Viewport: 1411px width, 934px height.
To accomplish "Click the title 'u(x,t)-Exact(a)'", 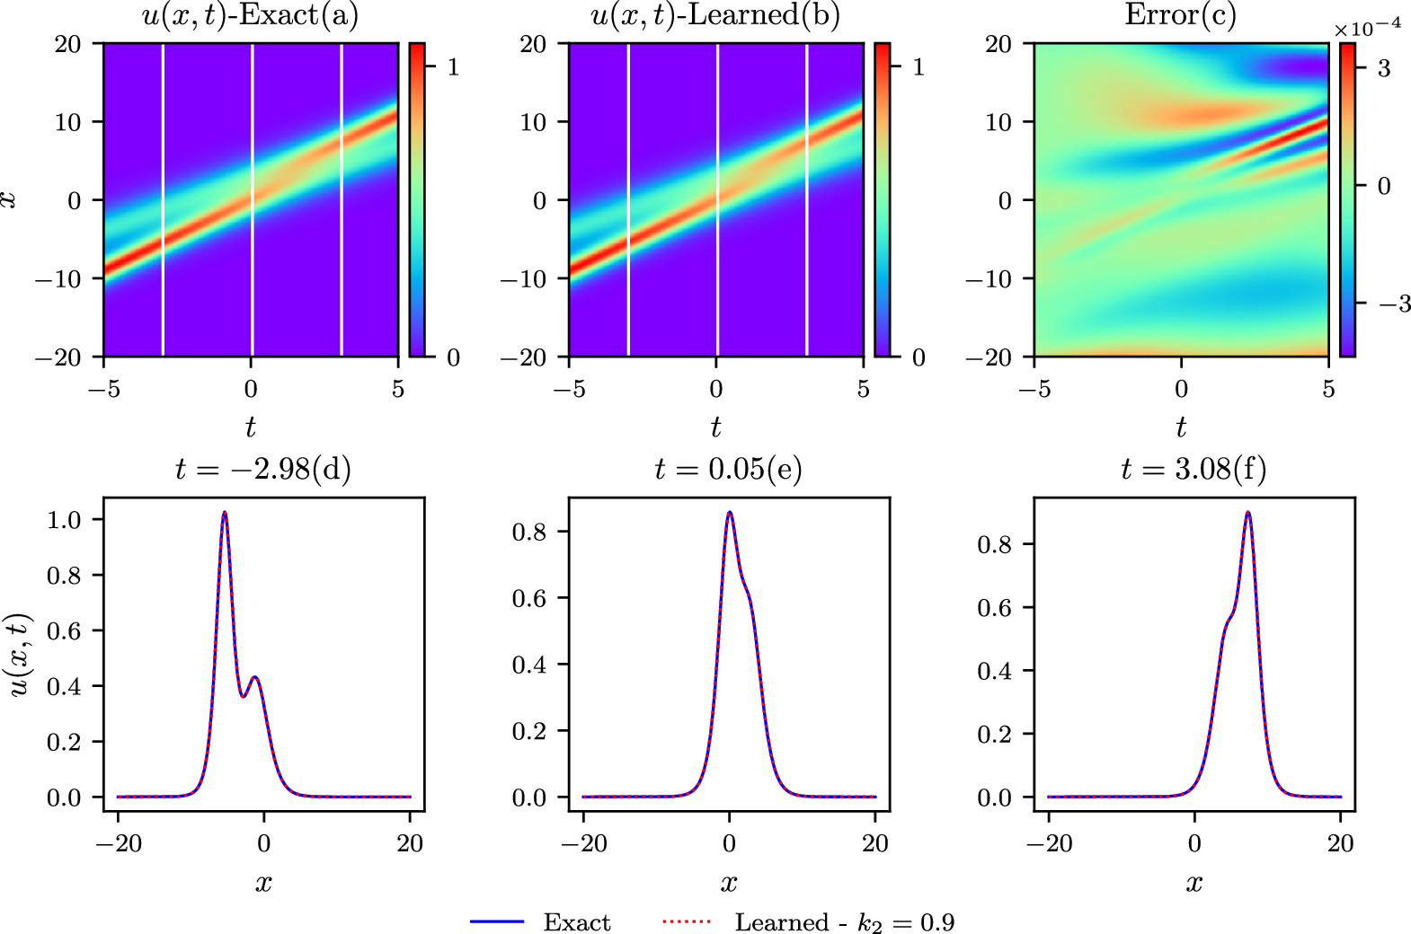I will click(x=250, y=17).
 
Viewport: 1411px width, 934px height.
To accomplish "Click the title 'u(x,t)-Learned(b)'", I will click(x=715, y=17).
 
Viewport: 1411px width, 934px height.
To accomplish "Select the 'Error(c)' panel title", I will click(x=1180, y=15).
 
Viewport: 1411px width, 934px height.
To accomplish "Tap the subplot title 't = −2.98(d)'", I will click(x=262, y=469).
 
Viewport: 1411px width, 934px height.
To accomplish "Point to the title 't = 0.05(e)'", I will click(x=728, y=469).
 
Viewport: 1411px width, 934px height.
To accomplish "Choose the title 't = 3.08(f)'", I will click(x=1194, y=469).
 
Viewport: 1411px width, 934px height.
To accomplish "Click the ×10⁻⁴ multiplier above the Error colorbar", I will click(x=1367, y=28).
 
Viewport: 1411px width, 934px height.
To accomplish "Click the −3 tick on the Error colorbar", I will click(x=1395, y=304).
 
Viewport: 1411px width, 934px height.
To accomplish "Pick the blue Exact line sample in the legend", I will click(x=497, y=921).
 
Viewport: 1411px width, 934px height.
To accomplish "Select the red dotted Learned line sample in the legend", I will click(x=686, y=921).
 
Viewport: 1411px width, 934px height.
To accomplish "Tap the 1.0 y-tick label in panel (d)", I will click(x=63, y=520).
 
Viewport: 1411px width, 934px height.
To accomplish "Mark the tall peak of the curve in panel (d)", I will click(x=225, y=513).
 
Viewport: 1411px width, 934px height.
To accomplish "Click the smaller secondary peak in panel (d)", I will click(x=256, y=677).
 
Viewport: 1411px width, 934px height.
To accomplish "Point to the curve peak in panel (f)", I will click(x=1247, y=513).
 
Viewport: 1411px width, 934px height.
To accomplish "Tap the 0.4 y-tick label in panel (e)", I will click(x=528, y=665).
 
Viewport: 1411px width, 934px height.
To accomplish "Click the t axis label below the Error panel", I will click(x=1181, y=427).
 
